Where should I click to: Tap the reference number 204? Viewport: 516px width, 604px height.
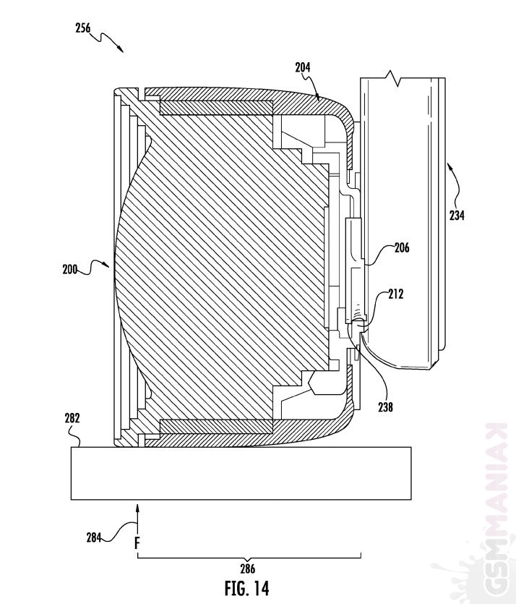pyautogui.click(x=303, y=67)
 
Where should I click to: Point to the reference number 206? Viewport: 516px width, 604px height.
pyautogui.click(x=402, y=248)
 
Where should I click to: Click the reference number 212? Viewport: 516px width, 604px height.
pyautogui.click(x=395, y=294)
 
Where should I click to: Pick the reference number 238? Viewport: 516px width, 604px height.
pyautogui.click(x=385, y=407)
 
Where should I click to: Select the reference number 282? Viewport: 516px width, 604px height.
pyautogui.click(x=72, y=418)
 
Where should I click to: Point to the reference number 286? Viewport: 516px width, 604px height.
pyautogui.click(x=247, y=569)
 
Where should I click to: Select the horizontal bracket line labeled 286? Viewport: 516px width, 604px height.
pyautogui.click(x=249, y=556)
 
